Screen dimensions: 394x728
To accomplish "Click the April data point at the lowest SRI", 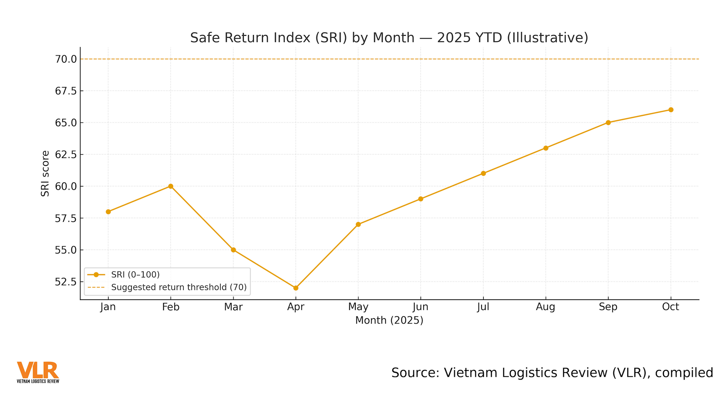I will point(296,288).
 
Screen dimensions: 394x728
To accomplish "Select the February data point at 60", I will point(171,186).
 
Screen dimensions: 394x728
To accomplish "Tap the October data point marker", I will point(671,110).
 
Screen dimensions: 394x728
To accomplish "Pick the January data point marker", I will point(108,212).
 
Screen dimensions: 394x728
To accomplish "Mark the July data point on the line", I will point(483,174).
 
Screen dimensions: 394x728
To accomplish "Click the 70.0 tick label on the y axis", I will point(66,59).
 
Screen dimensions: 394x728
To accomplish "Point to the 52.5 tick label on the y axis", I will point(66,282).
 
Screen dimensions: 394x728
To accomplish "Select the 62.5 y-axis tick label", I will point(66,155).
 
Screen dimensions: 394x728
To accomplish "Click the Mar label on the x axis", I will point(233,307).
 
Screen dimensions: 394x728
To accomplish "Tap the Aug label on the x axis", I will point(545,307).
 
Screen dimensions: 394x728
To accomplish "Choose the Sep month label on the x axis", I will point(608,307).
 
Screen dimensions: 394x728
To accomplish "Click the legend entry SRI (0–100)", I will point(135,275).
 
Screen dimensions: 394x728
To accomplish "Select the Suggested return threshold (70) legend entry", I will point(179,287).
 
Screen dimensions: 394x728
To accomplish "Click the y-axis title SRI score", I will point(45,174).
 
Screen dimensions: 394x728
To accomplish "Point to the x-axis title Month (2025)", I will point(389,321).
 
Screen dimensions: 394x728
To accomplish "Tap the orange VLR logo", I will point(38,370).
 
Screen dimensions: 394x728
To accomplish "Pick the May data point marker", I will point(358,224).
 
